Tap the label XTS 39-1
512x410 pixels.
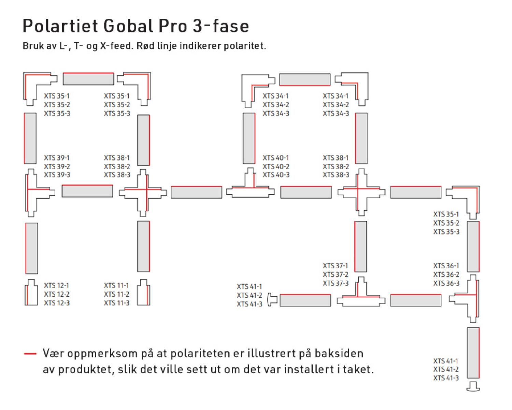coord(57,158)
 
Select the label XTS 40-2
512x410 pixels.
coord(276,167)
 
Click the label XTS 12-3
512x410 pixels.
coord(57,303)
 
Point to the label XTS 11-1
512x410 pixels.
coord(116,285)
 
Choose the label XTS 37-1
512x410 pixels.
coord(336,266)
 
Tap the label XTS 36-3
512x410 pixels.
coord(446,283)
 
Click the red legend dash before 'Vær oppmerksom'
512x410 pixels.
coord(30,354)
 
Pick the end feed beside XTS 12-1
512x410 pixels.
coord(31,293)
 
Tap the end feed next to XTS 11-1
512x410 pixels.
coord(144,293)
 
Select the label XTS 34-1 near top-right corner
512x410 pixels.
coord(336,96)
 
